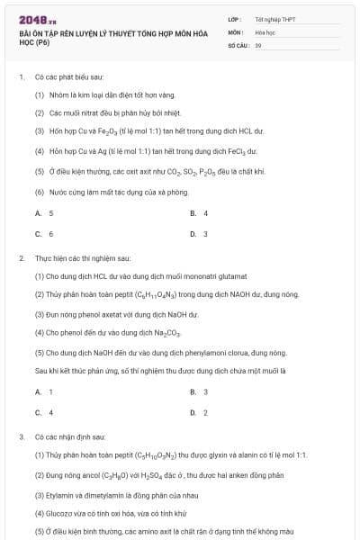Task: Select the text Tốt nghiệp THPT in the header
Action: pyautogui.click(x=275, y=19)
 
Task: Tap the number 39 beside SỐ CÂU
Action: pyautogui.click(x=258, y=44)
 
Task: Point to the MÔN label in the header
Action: pyautogui.click(x=235, y=31)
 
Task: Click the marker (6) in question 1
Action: pyautogui.click(x=40, y=192)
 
